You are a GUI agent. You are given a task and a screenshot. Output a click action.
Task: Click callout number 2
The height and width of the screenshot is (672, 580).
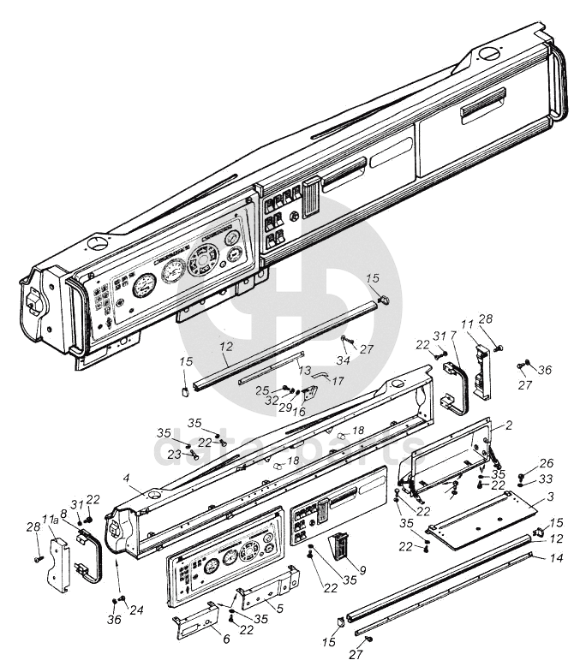click(x=509, y=425)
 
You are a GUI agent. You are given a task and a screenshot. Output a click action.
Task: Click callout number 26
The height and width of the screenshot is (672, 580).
click(x=547, y=463)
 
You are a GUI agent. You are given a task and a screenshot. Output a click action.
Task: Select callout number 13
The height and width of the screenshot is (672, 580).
click(x=304, y=370)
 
